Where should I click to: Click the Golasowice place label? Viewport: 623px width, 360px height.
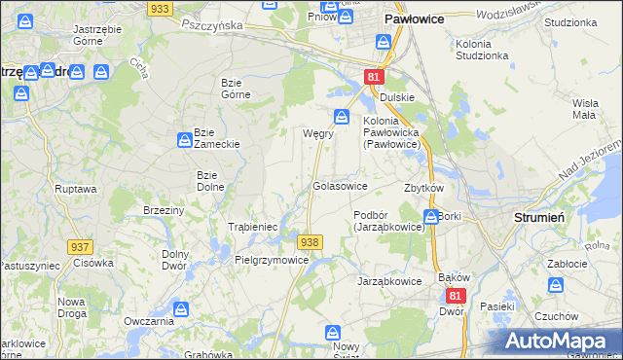pyautogui.click(x=339, y=185)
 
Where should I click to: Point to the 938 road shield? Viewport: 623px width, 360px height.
pyautogui.click(x=310, y=241)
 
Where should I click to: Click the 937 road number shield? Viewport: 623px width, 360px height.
pyautogui.click(x=81, y=247)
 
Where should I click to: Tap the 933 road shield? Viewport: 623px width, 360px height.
pyautogui.click(x=161, y=8)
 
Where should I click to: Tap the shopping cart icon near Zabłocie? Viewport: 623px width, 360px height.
pyautogui.click(x=556, y=286)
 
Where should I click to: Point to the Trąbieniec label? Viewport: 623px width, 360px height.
pyautogui.click(x=253, y=226)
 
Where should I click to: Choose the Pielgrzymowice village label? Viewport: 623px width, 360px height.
pyautogui.click(x=272, y=260)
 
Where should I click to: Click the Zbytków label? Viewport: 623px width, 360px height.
pyautogui.click(x=423, y=188)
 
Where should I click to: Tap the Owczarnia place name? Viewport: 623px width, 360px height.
pyautogui.click(x=149, y=320)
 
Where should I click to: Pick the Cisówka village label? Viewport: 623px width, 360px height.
pyautogui.click(x=93, y=262)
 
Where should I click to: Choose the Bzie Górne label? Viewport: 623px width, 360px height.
pyautogui.click(x=237, y=88)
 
